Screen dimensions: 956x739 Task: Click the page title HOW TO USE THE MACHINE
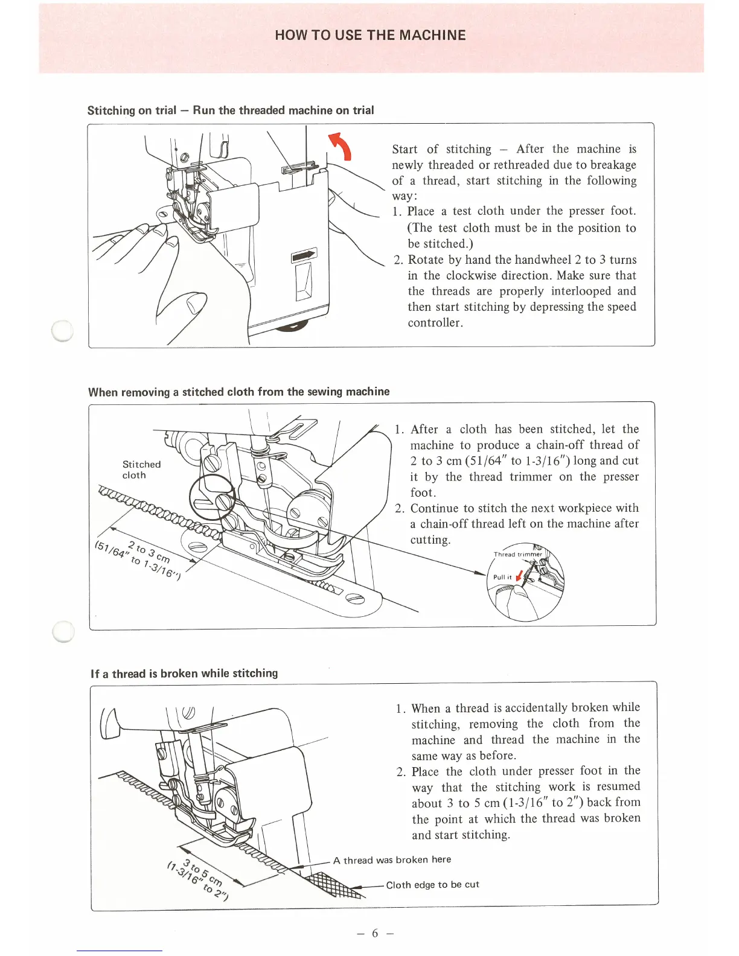[370, 35]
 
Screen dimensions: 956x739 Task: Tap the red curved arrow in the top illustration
[341, 146]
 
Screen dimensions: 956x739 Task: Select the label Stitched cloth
[141, 470]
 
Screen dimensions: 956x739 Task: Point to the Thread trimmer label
[517, 554]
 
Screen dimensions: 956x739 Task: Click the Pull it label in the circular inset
[502, 577]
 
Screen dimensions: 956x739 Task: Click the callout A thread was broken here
[392, 859]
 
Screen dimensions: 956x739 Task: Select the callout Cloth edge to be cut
[432, 885]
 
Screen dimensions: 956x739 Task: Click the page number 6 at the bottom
[374, 933]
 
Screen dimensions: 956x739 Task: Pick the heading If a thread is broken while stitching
[184, 674]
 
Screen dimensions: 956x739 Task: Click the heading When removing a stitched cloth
[238, 392]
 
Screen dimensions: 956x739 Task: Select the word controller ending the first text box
[435, 322]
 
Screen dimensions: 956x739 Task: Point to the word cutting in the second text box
[430, 540]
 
